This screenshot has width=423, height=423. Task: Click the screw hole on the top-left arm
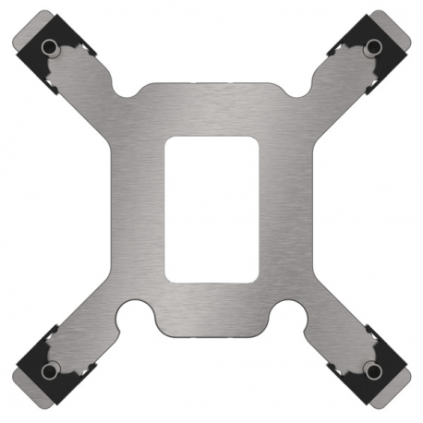coord(51,47)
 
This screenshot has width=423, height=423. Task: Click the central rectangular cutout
coord(211,209)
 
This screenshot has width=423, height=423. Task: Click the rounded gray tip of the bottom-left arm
coord(20,386)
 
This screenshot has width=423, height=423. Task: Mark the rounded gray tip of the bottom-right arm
coord(403,386)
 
